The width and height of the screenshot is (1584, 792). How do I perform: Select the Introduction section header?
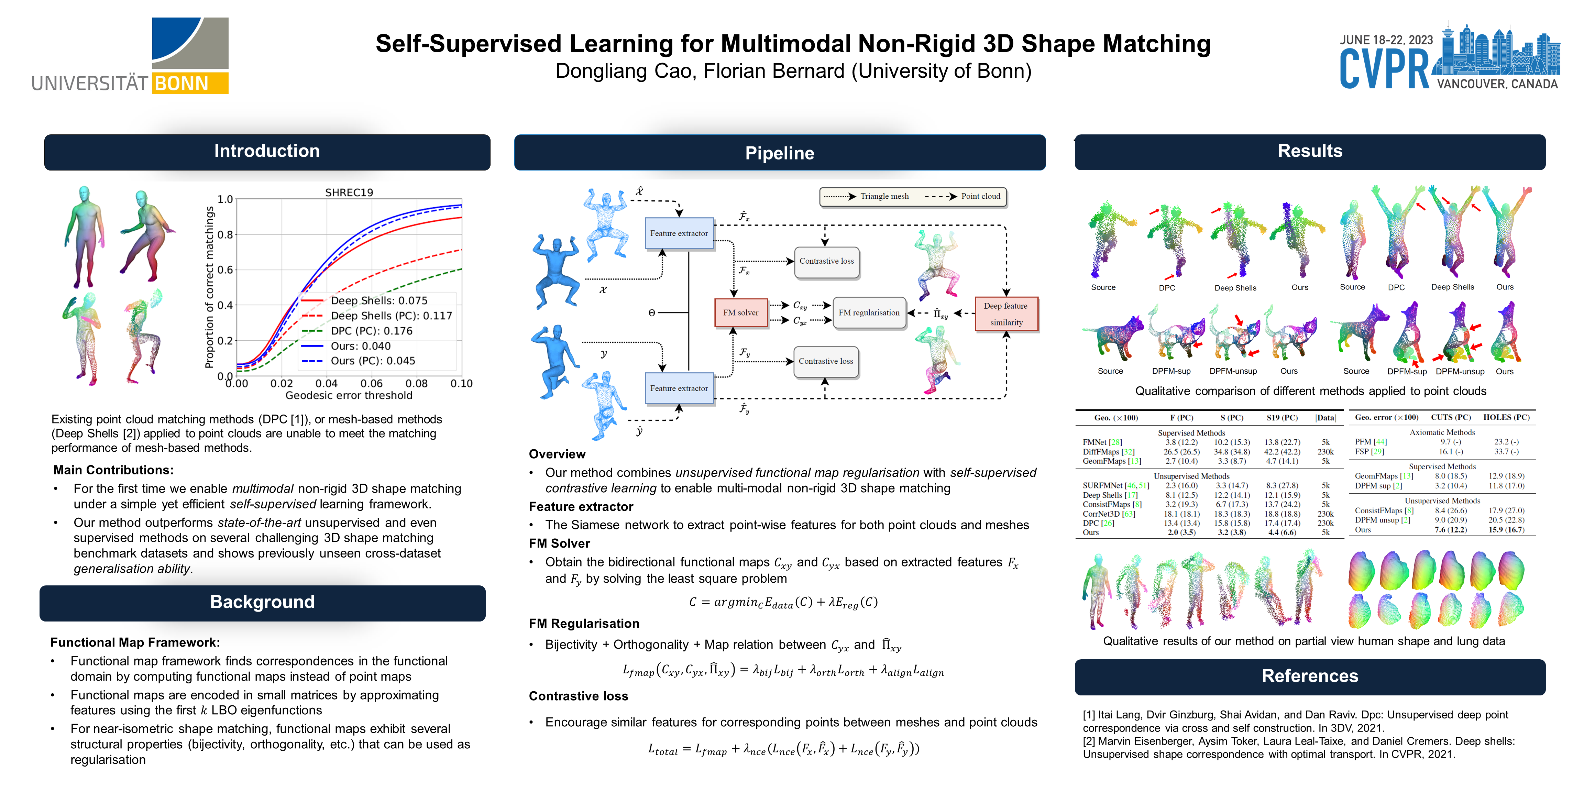pyautogui.click(x=267, y=151)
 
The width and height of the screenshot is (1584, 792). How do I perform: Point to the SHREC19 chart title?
pyautogui.click(x=349, y=192)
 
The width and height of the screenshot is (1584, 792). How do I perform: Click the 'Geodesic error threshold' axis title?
pyautogui.click(x=349, y=395)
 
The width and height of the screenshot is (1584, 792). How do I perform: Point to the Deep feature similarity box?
pyautogui.click(x=1006, y=313)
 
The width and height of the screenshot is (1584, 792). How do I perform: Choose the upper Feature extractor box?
pyautogui.click(x=679, y=234)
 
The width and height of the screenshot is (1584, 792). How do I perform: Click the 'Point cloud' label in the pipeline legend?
pyautogui.click(x=980, y=196)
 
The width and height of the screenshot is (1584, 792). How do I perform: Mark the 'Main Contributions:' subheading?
pyautogui.click(x=114, y=470)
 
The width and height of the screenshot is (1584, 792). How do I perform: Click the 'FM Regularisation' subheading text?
pyautogui.click(x=584, y=624)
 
